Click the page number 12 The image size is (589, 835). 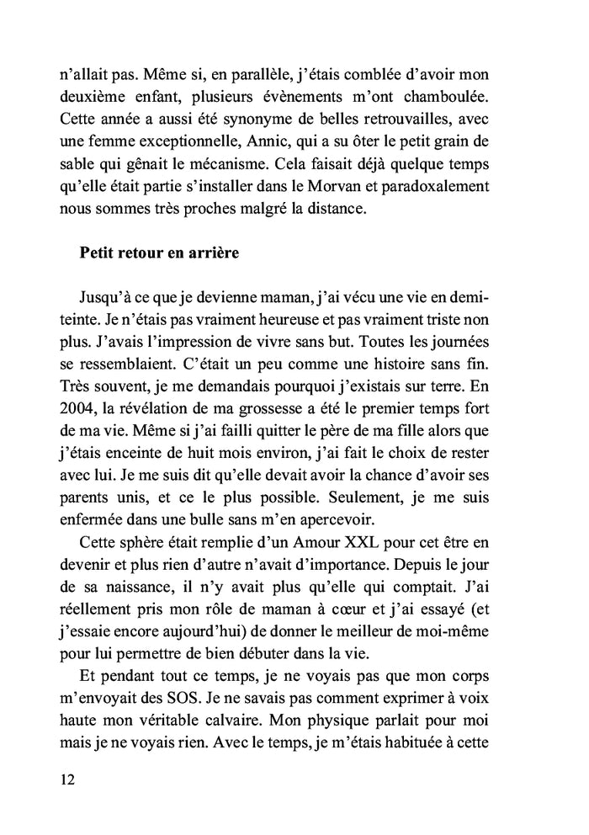click(x=68, y=779)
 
